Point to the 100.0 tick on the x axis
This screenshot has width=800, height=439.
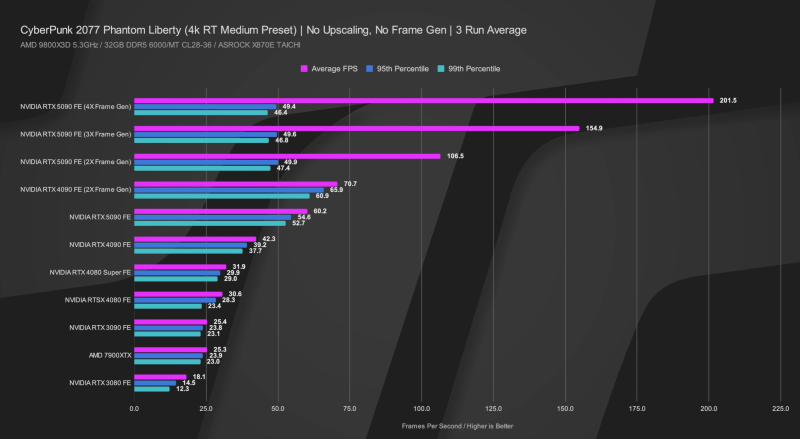point(421,409)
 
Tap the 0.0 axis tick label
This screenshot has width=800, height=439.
point(135,409)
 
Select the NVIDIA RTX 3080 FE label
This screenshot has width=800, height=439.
point(100,383)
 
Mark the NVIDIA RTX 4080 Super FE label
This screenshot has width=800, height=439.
point(90,272)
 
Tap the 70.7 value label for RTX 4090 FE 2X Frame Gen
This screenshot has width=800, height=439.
point(349,184)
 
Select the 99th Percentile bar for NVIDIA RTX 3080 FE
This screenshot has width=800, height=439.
point(152,389)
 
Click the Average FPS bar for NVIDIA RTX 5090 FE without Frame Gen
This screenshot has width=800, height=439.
point(221,211)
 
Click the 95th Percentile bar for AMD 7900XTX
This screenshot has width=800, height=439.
point(169,355)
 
